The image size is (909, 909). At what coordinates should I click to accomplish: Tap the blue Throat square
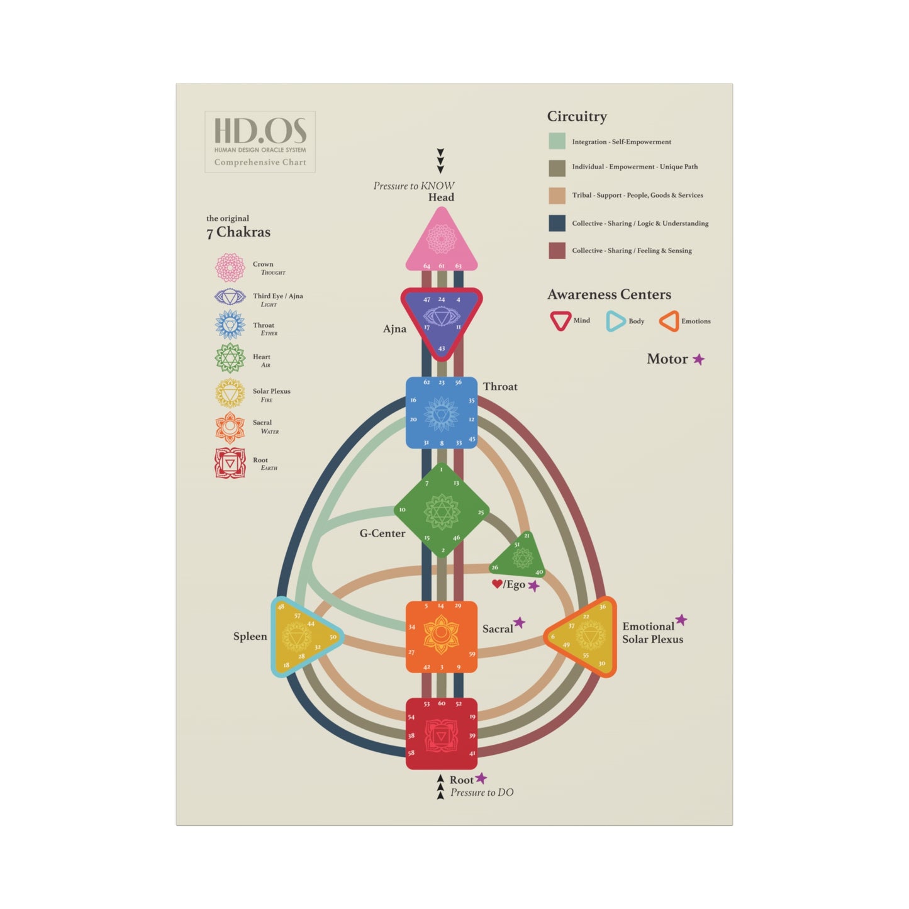coord(442,413)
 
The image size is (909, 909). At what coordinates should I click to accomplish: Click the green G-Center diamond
coord(442,511)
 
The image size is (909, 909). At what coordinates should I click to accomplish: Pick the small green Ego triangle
coord(520,557)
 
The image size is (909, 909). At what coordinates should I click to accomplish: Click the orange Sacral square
coord(441,636)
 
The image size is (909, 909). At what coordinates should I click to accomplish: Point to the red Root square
coord(441,733)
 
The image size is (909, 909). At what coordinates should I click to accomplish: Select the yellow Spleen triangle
coord(301,637)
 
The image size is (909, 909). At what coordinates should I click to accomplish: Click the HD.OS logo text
coord(260,131)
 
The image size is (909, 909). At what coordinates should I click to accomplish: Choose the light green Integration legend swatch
coord(557,141)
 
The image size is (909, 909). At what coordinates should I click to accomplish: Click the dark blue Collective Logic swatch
coord(557,223)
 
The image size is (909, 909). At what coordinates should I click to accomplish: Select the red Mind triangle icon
coord(560,320)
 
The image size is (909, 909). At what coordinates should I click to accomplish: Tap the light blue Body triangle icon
coord(615,321)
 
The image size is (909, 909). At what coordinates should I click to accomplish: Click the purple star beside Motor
coord(699,359)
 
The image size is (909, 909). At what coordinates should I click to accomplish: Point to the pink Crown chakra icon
coord(230,267)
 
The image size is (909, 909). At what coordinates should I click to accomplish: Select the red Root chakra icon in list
coord(230,463)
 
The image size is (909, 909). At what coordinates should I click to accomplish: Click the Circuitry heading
coord(577,116)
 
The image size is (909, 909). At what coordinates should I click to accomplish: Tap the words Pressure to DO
coord(482,793)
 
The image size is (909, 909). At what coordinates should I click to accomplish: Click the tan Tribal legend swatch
coord(557,196)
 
